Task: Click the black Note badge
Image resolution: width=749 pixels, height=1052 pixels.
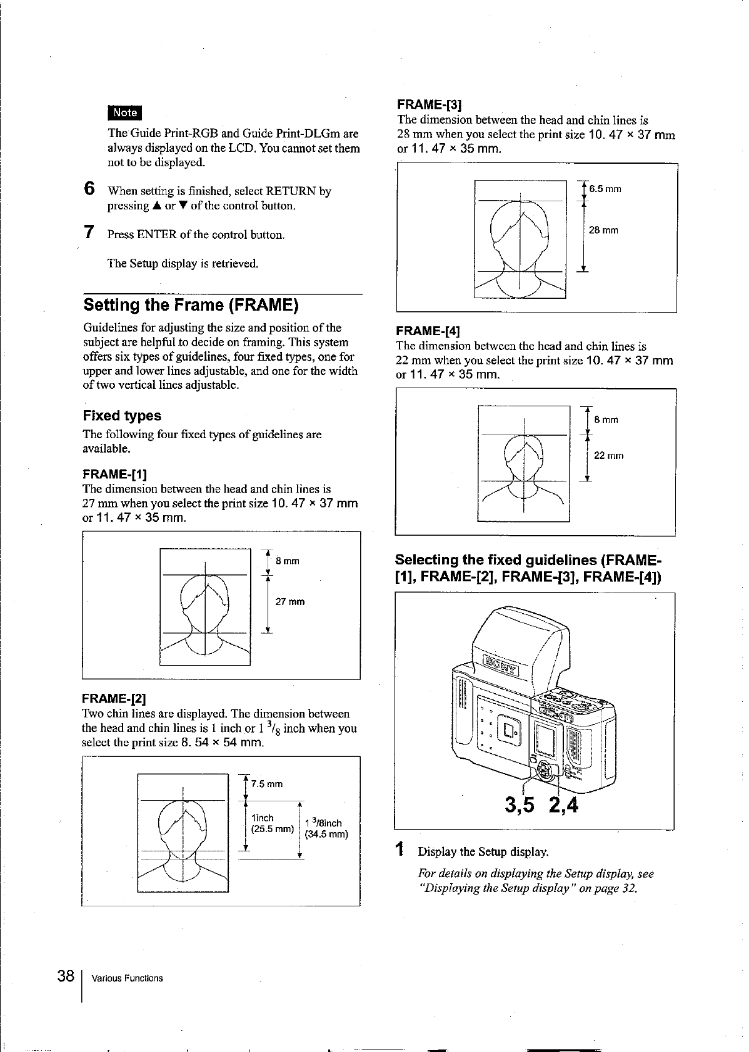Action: point(125,113)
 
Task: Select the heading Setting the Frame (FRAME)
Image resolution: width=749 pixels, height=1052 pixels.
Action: point(191,305)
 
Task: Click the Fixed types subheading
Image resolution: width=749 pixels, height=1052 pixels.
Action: point(122,416)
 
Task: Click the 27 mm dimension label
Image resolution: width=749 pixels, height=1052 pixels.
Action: point(290,602)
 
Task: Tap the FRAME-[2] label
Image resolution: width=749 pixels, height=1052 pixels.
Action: point(114,698)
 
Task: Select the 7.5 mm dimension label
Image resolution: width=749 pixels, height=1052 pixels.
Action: point(267,784)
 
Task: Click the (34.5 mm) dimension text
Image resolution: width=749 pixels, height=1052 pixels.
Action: point(326,834)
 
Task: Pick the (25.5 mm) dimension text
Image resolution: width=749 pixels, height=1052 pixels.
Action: point(272,829)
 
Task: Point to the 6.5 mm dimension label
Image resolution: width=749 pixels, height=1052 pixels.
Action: point(605,189)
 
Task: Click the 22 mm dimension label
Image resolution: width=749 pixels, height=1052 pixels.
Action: point(608,456)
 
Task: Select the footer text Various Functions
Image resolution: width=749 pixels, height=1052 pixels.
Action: point(127,978)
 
